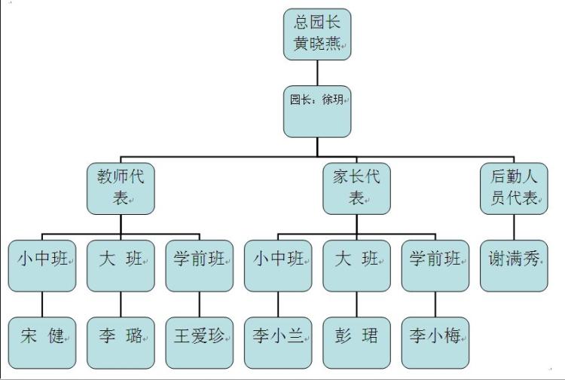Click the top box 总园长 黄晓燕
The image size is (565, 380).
(317, 35)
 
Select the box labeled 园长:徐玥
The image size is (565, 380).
(317, 111)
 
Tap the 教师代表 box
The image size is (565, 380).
(121, 188)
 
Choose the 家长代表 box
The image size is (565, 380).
(356, 188)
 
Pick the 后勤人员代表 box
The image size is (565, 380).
(514, 188)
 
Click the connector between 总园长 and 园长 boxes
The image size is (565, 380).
(317, 73)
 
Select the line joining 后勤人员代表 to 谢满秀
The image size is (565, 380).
(514, 227)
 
